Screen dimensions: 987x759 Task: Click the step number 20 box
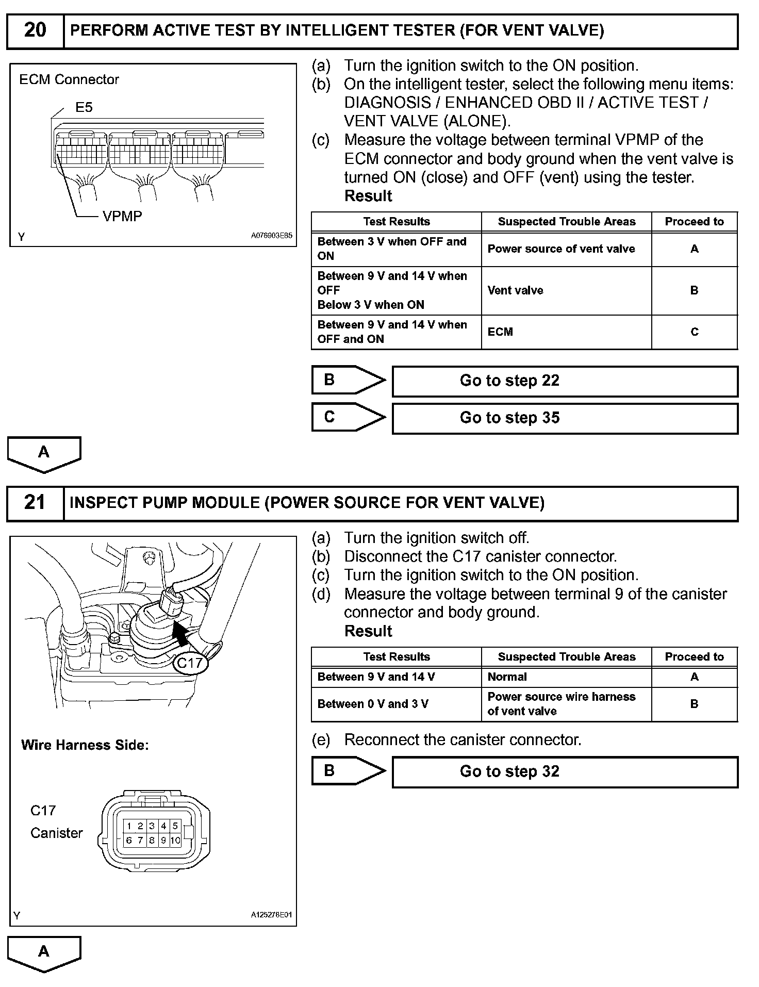pos(35,30)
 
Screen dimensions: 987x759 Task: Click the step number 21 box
pos(35,503)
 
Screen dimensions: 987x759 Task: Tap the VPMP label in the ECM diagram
pos(122,217)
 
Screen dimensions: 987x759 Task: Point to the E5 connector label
pos(84,107)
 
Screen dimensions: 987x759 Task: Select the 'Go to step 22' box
pos(565,381)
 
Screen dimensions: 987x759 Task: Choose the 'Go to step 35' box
pos(565,418)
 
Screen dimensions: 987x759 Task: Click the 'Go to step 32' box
pos(565,772)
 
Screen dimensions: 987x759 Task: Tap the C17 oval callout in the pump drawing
pos(190,663)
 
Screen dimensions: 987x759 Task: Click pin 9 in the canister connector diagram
pos(163,841)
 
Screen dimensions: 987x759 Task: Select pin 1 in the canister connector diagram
pos(129,826)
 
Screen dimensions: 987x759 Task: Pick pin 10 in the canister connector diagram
pos(175,841)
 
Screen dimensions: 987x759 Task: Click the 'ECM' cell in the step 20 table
pos(566,332)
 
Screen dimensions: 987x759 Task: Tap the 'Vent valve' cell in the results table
pos(566,291)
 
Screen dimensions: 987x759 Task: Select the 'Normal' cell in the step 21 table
pos(566,677)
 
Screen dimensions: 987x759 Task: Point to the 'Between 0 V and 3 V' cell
pos(396,704)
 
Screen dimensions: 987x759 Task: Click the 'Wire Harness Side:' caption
pos(85,745)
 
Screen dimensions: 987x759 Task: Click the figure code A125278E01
pos(271,915)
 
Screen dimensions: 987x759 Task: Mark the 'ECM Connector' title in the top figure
pos(69,80)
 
